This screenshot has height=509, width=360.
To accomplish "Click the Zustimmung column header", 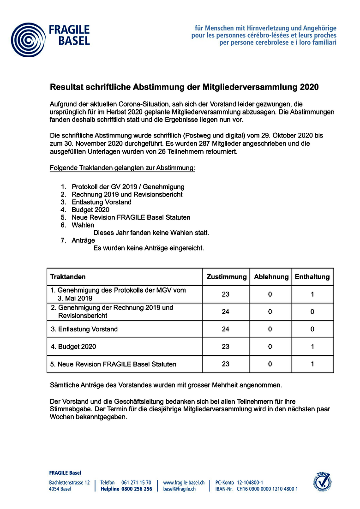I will [226, 277].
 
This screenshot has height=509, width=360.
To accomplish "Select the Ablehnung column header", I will [270, 277].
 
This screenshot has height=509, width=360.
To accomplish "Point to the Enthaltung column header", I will [312, 277].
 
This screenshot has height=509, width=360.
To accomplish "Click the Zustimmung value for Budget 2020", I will [226, 346].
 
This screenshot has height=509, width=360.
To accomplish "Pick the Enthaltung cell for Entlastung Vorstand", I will [312, 329].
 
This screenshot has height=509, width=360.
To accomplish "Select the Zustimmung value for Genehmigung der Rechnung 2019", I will [226, 311].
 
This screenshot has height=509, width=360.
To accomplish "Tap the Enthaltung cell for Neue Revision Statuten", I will [312, 364].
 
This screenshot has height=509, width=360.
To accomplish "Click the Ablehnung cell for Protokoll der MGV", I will [270, 294].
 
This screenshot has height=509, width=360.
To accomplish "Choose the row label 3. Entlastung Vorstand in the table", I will [84, 329].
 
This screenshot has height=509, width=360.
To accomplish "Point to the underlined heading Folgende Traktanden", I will [122, 167].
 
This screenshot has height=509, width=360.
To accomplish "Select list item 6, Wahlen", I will [83, 225].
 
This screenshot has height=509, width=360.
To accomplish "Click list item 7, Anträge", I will [83, 240].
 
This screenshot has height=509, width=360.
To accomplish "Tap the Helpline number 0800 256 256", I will [137, 489].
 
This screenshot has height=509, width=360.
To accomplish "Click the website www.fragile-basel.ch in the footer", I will [184, 482].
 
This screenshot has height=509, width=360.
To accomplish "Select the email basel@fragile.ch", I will [179, 489].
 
